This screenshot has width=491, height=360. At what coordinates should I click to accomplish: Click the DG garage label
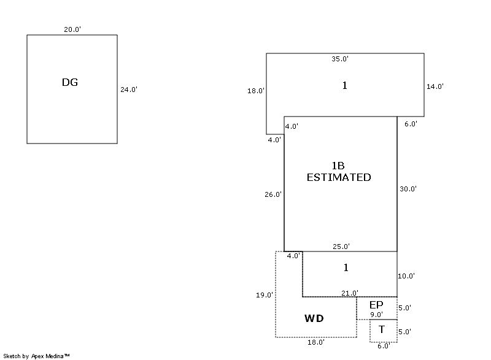point(70,82)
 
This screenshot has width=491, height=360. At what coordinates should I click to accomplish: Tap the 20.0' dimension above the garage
point(72,29)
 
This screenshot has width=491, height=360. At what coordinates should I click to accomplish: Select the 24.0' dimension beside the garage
point(128,90)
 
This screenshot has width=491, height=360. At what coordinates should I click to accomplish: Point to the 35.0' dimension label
point(340,59)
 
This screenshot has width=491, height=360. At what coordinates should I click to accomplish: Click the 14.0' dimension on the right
point(435,86)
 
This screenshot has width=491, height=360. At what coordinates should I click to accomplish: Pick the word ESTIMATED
point(339,177)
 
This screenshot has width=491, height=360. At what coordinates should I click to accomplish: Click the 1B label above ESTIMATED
point(338,166)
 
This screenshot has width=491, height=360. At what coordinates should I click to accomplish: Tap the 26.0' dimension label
point(273,194)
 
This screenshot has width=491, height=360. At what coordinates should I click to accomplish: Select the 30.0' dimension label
point(408,189)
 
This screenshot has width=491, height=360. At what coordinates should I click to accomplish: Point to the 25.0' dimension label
point(341,247)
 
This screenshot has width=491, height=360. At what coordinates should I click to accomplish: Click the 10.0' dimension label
point(406,276)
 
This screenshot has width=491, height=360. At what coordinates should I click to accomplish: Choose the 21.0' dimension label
point(350,293)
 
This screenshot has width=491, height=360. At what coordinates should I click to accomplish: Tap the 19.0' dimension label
point(265,295)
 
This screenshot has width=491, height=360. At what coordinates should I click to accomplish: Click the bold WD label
point(314,318)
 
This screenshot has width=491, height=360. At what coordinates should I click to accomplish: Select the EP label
point(376,305)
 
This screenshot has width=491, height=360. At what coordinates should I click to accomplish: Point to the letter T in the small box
point(381,329)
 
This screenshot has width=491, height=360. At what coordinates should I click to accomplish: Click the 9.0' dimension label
point(376,315)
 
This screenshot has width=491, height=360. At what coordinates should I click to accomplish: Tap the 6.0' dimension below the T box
point(383,346)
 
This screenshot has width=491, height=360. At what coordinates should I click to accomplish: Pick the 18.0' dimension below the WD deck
point(315,343)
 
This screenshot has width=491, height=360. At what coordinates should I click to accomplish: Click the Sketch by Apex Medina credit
point(36,356)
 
